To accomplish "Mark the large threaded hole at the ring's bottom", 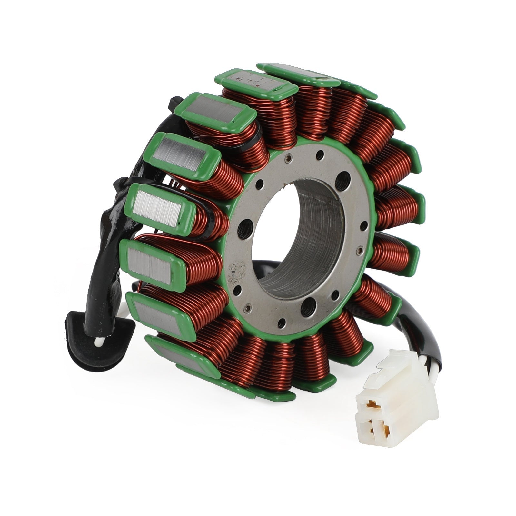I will coord(310,303).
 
